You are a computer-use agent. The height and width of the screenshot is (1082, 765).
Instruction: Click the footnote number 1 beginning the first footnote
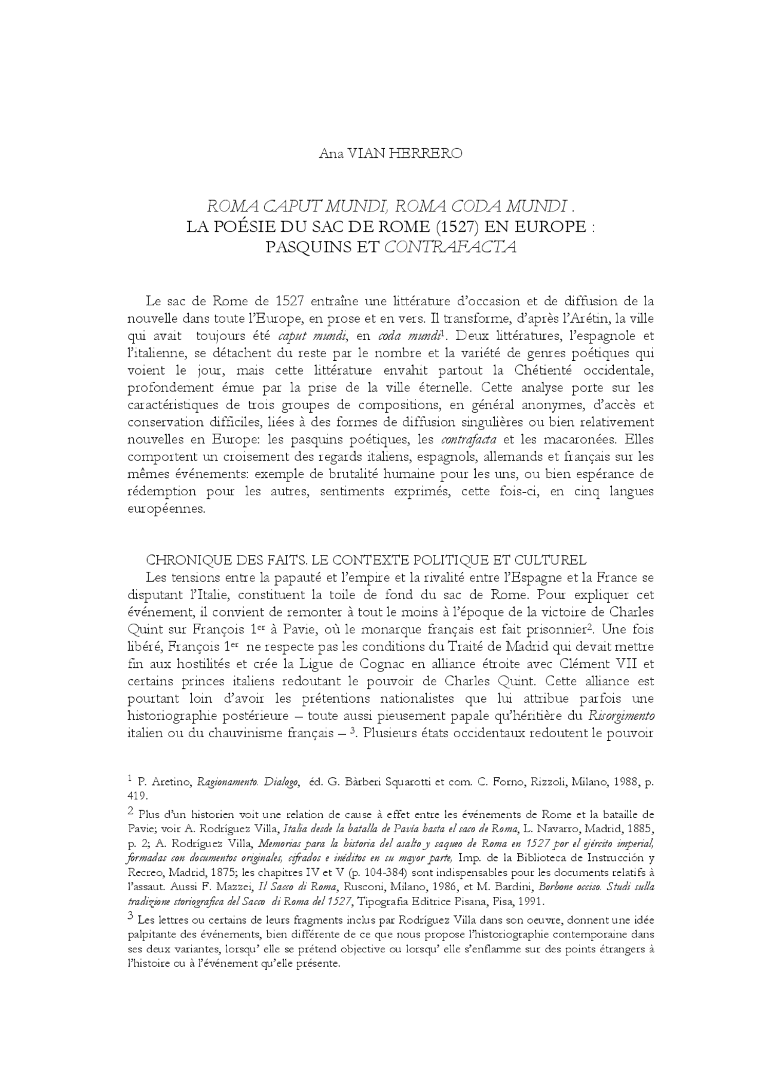(x=130, y=778)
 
